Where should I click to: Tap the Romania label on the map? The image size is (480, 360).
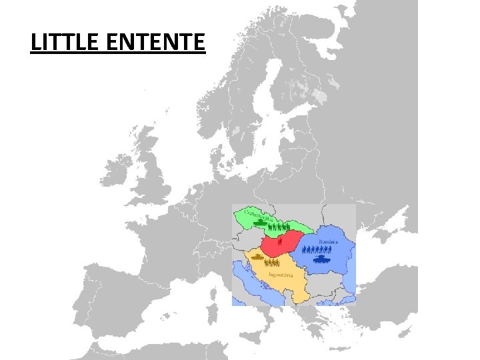point(329,241)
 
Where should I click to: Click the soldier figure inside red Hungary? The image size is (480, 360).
point(281,243)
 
